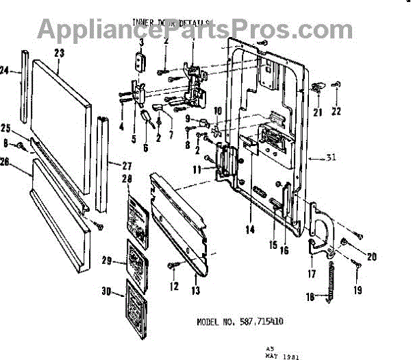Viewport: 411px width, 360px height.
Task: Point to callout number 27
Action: click(x=126, y=165)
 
